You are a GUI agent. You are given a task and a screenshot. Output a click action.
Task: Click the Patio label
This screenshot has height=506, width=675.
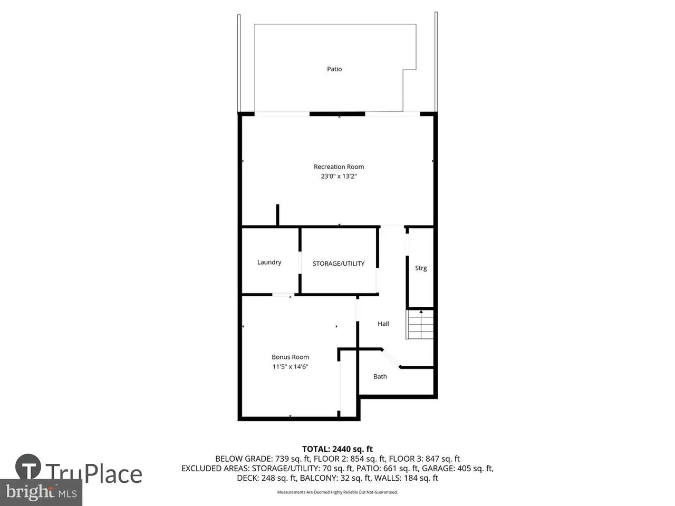pos(334,69)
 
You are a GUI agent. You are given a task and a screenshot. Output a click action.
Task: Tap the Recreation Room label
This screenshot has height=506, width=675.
pos(339,167)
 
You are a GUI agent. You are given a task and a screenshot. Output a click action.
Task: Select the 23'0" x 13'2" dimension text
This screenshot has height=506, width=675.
pos(339,177)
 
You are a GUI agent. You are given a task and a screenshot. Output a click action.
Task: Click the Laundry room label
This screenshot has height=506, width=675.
pos(269,262)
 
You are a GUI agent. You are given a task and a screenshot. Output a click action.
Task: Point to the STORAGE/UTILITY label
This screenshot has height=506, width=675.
pos(338,264)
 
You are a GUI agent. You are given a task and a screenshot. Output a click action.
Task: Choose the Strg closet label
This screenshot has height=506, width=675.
pos(421,268)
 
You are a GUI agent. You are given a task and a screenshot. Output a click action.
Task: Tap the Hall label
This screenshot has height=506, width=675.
pos(383,324)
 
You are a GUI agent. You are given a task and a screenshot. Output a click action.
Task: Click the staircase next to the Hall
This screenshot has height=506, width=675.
pos(419,325)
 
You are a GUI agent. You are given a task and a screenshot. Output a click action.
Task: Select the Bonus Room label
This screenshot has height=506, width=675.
pos(290,357)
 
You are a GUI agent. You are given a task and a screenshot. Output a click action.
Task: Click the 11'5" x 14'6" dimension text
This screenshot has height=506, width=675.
pos(290,366)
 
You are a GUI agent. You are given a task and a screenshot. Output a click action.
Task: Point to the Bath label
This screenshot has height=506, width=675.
pos(380,377)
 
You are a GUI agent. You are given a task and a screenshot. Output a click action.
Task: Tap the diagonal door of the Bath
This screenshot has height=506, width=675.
pos(391,358)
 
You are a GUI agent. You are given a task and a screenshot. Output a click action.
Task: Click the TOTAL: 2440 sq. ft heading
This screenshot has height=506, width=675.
pos(337,449)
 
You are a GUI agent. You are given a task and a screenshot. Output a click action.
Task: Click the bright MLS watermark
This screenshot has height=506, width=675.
pos(41,492)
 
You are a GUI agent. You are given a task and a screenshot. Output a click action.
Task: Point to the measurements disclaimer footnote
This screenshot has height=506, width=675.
pos(337,492)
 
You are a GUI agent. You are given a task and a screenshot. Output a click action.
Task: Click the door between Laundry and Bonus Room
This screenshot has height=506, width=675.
pos(283,295)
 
